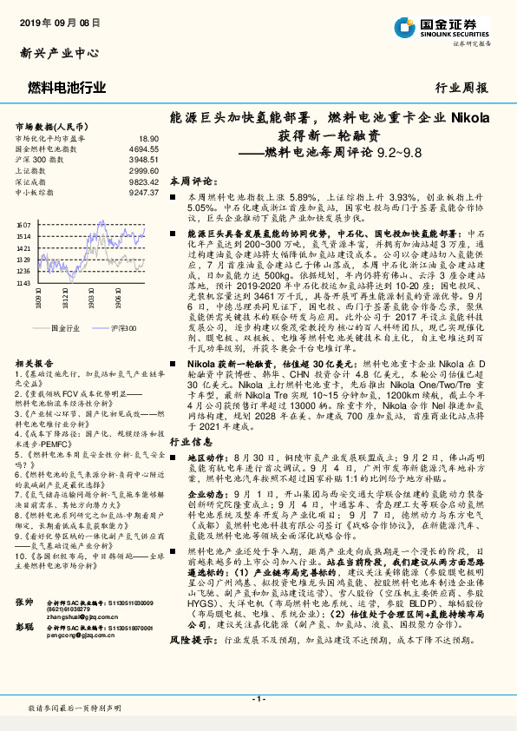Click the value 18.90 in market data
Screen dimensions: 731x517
pos(148,138)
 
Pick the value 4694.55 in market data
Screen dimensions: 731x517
pos(144,148)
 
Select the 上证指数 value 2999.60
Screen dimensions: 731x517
pos(144,171)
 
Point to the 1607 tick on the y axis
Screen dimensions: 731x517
pos(23,225)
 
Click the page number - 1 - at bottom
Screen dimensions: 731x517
pos(258,699)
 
